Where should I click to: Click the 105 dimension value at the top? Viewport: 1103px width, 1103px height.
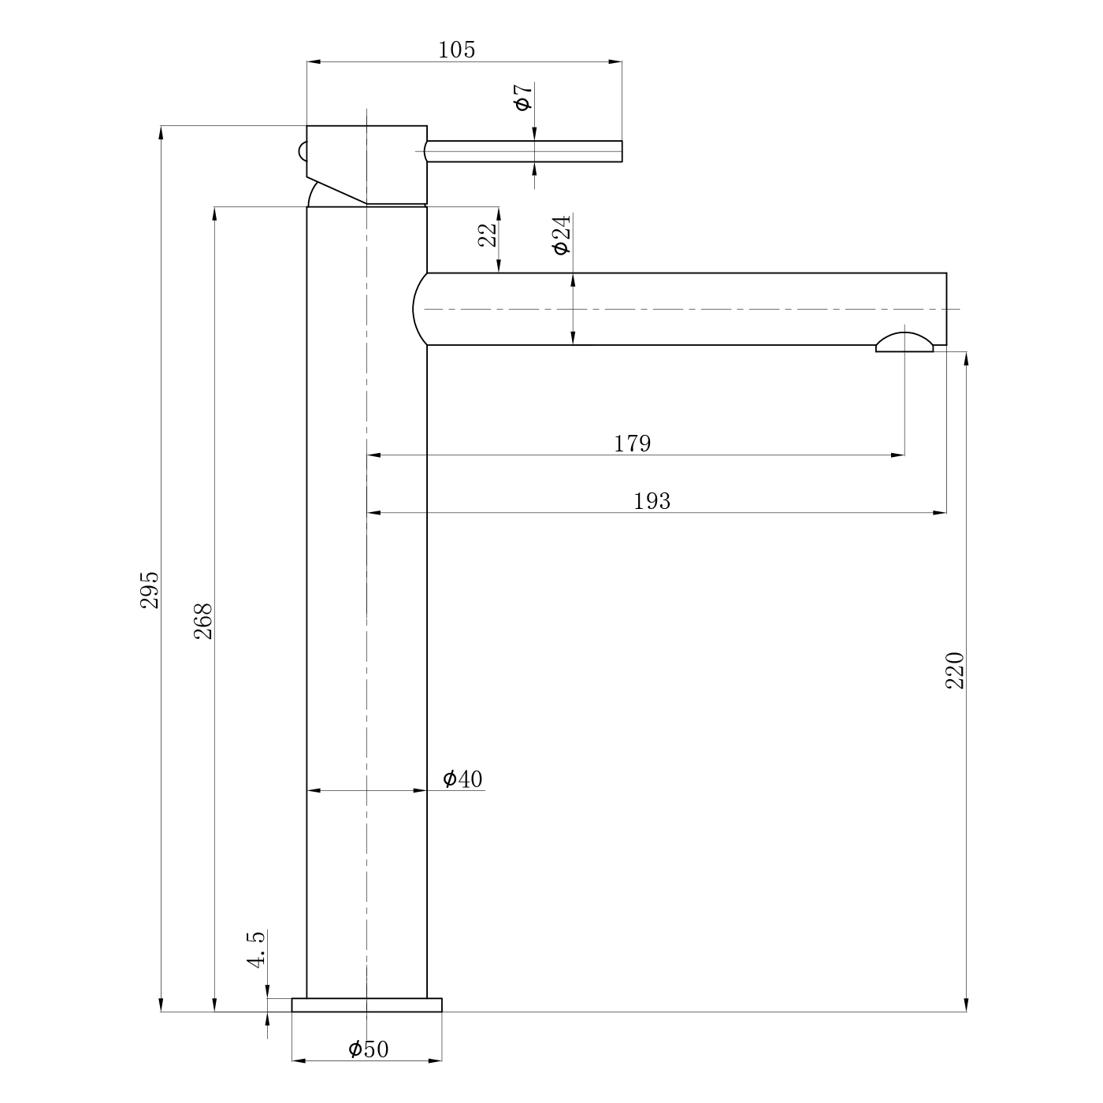456,50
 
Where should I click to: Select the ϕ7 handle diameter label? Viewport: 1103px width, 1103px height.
524,96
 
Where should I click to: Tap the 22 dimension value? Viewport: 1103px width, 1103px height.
487,235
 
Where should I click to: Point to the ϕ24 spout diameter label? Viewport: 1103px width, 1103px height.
562,234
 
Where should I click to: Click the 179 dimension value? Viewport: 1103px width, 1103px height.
633,444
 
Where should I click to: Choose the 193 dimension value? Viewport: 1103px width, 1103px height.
652,501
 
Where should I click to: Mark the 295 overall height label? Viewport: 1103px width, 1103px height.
150,589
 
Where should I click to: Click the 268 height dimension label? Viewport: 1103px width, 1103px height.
203,621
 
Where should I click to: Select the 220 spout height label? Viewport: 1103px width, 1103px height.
955,670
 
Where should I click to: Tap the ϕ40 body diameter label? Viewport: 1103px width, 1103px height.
462,779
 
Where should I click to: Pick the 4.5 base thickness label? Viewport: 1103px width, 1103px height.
256,949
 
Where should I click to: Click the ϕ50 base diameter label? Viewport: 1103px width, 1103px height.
369,1049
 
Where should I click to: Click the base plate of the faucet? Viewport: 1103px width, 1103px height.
367,1005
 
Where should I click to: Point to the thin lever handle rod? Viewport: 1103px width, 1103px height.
523,151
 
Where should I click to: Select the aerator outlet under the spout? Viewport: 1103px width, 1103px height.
904,342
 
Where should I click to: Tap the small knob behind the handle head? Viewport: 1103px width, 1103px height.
303,151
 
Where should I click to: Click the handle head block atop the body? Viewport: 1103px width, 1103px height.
367,165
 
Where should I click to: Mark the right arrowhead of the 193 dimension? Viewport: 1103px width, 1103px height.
940,513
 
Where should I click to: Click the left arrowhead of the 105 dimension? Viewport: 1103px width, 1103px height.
314,61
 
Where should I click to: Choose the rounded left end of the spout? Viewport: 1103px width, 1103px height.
420,309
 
